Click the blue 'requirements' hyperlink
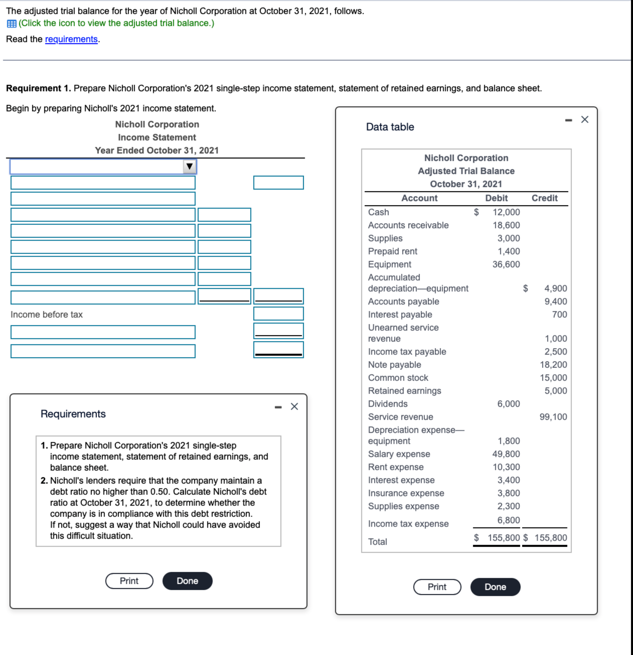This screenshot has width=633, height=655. pyautogui.click(x=71, y=39)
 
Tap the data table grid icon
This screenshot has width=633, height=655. pyautogui.click(x=11, y=23)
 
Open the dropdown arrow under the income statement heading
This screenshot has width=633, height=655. pyautogui.click(x=189, y=166)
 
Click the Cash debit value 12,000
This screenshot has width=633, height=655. pyautogui.click(x=506, y=212)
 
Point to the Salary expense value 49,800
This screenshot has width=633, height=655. pyautogui.click(x=506, y=454)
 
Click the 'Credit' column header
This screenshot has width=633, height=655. pyautogui.click(x=544, y=198)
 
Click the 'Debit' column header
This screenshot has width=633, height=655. pyautogui.click(x=496, y=198)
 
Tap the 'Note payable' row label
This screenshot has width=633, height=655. pyautogui.click(x=394, y=365)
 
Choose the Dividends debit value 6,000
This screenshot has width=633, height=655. pyautogui.click(x=508, y=404)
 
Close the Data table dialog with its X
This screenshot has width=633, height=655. pyautogui.click(x=585, y=120)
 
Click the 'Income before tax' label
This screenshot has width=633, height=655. pyautogui.click(x=46, y=315)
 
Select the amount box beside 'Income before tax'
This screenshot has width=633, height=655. pyautogui.click(x=278, y=314)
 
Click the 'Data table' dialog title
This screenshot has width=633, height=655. pyautogui.click(x=390, y=127)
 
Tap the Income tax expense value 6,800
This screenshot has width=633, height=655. pyautogui.click(x=508, y=520)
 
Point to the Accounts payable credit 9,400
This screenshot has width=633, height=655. pyautogui.click(x=556, y=302)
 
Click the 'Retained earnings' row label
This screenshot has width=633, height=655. pyautogui.click(x=404, y=391)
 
